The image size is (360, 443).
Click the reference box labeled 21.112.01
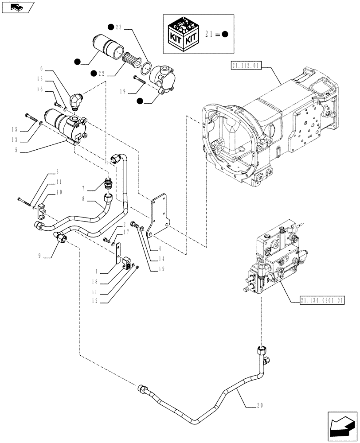(247, 66)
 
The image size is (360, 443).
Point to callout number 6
(42, 69)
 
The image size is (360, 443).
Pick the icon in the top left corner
(17, 7)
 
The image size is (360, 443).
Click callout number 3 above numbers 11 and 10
(57, 171)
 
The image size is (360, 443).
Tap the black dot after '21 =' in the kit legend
(225, 35)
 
